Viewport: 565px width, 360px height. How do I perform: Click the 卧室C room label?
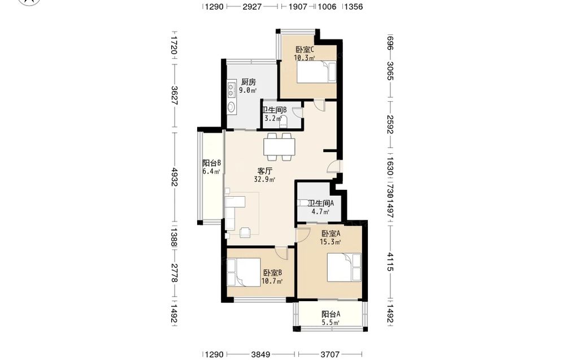(305, 49)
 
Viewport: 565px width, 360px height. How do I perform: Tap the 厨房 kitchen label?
(248, 82)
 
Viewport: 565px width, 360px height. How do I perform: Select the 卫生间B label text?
(274, 110)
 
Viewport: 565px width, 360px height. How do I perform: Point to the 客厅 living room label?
(264, 171)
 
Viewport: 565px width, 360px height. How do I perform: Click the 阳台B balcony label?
(211, 163)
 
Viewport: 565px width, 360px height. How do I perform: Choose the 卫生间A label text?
(321, 203)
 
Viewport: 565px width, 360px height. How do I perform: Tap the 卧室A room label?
(331, 233)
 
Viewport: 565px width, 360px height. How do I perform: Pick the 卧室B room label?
(272, 273)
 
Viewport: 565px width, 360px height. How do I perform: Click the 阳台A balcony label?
(331, 314)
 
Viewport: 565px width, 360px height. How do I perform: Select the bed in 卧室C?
(316, 72)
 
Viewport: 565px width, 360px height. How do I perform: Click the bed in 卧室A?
(344, 267)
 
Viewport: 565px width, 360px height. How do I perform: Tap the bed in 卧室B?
(244, 272)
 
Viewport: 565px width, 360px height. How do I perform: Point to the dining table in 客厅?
(279, 147)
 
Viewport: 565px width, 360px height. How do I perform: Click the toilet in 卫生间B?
(284, 122)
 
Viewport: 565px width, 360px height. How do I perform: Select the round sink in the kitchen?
(231, 107)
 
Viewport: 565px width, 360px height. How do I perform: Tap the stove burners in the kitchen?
(231, 90)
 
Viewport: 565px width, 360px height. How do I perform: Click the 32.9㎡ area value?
(265, 180)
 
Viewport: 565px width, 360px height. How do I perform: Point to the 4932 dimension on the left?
(175, 177)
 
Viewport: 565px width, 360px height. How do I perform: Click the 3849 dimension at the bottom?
(260, 354)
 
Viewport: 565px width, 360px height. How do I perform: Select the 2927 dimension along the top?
(252, 6)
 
